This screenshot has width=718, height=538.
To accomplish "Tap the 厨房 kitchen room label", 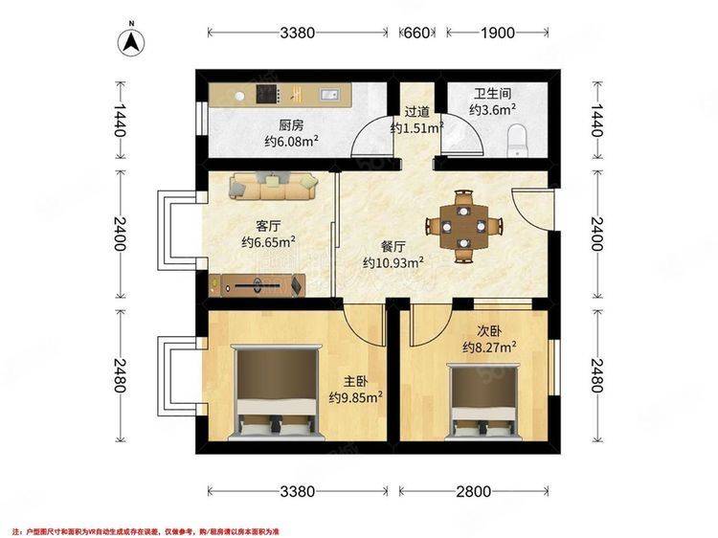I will [x=291, y=124].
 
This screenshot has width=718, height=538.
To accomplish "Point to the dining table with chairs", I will [x=463, y=226].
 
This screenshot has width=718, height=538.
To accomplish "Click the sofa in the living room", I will [x=274, y=184].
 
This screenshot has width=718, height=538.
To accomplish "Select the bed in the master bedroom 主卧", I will [x=278, y=392].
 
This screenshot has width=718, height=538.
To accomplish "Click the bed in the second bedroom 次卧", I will [x=484, y=402].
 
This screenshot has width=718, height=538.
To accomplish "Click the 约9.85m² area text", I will [x=356, y=396].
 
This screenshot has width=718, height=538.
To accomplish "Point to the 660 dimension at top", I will [x=415, y=33].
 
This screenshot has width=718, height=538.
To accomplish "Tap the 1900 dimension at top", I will [x=496, y=33].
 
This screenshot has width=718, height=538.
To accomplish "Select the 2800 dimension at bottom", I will [x=473, y=492].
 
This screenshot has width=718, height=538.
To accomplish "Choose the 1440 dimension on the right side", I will [x=596, y=123].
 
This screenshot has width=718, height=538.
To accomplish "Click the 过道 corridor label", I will [x=416, y=111].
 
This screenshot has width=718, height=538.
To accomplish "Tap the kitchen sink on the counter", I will [x=330, y=94].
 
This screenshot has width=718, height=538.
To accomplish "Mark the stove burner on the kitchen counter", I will [x=265, y=94].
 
